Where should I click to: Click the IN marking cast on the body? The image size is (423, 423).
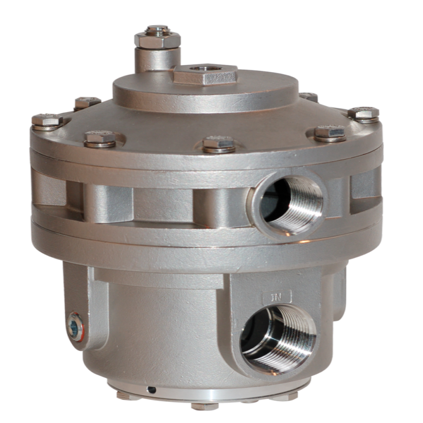pos(277,296)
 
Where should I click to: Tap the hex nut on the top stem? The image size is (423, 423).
pos(157,40)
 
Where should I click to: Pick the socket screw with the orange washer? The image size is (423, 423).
pos(75,326)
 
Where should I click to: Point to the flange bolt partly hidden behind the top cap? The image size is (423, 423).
pos(309,97)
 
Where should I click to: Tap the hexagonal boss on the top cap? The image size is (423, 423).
pos(205,75)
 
